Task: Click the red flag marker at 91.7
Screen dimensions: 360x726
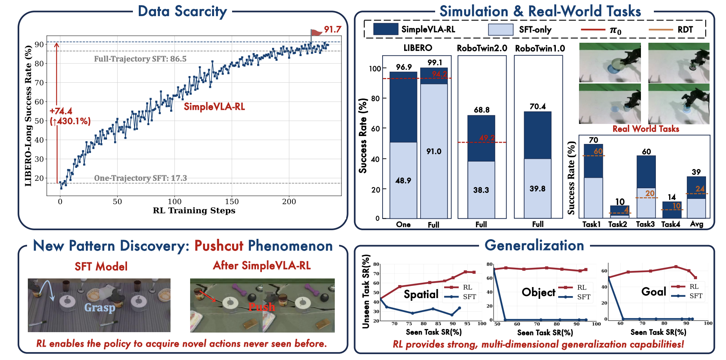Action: [315, 33]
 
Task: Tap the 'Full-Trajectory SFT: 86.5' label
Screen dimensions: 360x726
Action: [140, 59]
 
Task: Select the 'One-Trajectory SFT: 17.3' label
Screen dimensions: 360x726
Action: [140, 178]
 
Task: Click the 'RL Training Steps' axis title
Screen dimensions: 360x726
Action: [194, 211]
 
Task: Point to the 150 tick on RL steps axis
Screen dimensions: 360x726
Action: [232, 202]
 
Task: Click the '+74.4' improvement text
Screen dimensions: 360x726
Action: [61, 111]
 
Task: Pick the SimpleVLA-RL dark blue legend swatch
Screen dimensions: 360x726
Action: [385, 29]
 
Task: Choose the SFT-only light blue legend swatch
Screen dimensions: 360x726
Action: [501, 29]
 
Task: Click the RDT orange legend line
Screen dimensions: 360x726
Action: [661, 29]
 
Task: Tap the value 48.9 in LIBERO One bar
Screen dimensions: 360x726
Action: [403, 180]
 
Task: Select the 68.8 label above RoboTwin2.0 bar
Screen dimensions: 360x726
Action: [481, 110]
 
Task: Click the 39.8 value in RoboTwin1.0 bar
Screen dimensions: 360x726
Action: [537, 189]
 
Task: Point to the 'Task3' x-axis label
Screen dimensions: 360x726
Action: [645, 224]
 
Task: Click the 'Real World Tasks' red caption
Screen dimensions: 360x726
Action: [646, 129]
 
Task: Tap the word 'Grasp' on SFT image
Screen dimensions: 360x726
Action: [100, 307]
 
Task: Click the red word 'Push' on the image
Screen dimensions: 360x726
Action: [261, 307]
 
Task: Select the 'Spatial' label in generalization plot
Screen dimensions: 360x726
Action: [421, 294]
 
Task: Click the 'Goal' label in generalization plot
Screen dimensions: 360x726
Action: [653, 291]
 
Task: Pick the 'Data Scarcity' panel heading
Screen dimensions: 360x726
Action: [182, 11]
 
